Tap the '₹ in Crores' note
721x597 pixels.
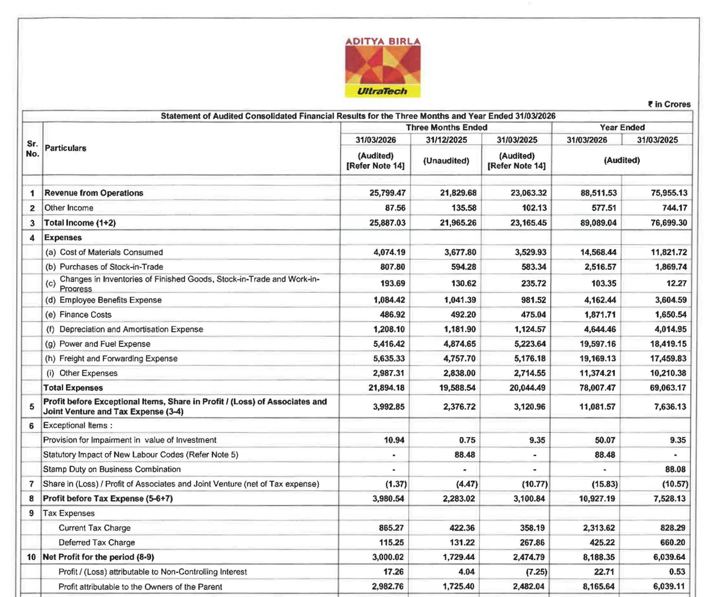coord(669,104)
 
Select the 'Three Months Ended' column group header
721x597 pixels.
coord(446,127)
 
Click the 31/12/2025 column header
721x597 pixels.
coord(446,140)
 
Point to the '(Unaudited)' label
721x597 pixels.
coord(446,161)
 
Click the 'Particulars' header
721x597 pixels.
coord(65,148)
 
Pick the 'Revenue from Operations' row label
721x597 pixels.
coord(94,193)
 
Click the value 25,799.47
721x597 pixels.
coord(387,193)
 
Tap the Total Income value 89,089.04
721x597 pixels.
coord(598,222)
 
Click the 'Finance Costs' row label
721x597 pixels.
coord(85,315)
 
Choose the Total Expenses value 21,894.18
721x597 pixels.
coord(386,388)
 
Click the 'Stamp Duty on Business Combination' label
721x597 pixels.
coord(112,469)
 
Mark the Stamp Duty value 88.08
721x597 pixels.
coord(675,469)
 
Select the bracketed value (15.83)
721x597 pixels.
coord(605,484)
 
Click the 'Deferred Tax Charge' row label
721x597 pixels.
coord(97,542)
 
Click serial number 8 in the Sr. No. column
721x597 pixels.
coord(32,498)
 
